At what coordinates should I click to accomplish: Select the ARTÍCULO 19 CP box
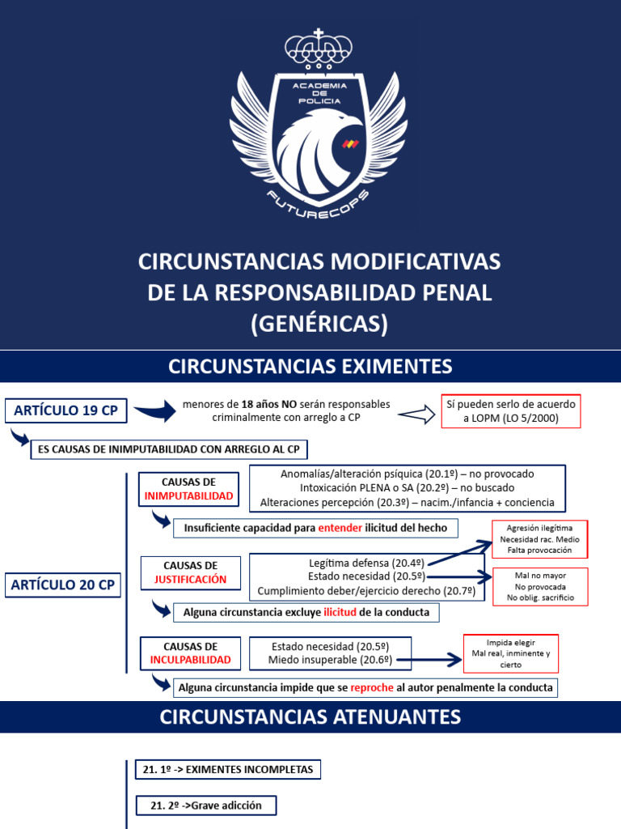(x=65, y=411)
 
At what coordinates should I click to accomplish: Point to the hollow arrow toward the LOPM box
(x=416, y=415)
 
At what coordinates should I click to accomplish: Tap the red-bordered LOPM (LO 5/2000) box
(x=511, y=411)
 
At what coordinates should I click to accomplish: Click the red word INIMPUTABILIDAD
(x=188, y=495)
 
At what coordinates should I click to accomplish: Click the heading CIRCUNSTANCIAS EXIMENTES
(x=310, y=366)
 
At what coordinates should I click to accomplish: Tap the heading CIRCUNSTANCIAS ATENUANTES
(x=310, y=716)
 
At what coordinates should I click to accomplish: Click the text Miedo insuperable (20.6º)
(x=331, y=661)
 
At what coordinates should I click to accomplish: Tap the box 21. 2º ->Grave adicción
(x=205, y=806)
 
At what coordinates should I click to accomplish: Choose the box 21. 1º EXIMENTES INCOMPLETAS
(x=228, y=770)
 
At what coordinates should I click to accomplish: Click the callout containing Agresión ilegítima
(x=539, y=538)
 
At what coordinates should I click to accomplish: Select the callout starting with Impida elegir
(x=510, y=653)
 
